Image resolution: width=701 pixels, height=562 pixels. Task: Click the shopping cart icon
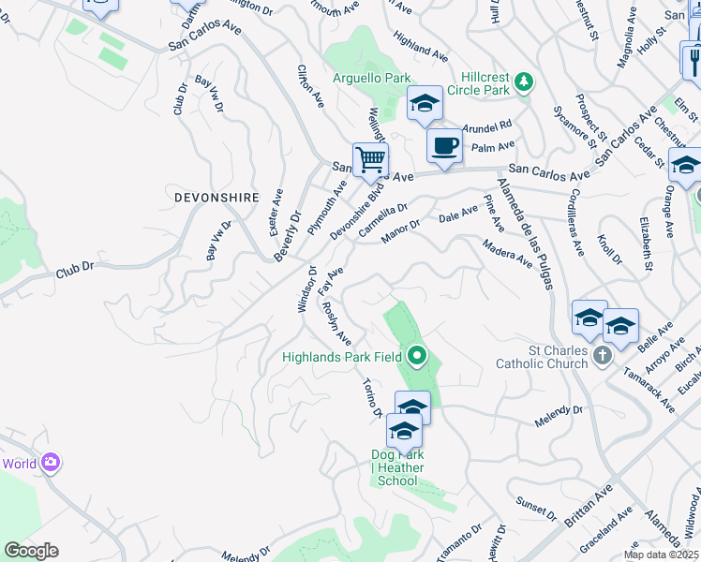pyautogui.click(x=370, y=159)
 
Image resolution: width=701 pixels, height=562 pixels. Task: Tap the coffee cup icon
pyautogui.click(x=444, y=145)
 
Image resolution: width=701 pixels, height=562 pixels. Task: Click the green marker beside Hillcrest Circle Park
pyautogui.click(x=525, y=81)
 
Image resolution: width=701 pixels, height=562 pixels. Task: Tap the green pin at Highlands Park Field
pyautogui.click(x=417, y=356)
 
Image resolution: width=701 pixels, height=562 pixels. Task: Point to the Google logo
pyautogui.click(x=31, y=551)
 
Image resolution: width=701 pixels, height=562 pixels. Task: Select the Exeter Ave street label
pyautogui.click(x=276, y=211)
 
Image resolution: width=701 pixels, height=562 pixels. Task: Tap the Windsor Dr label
pyautogui.click(x=306, y=288)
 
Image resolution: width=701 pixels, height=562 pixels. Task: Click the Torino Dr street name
pyautogui.click(x=372, y=399)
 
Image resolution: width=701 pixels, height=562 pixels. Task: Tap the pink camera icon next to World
pyautogui.click(x=51, y=463)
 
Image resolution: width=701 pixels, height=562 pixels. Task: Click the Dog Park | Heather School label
pyautogui.click(x=397, y=467)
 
